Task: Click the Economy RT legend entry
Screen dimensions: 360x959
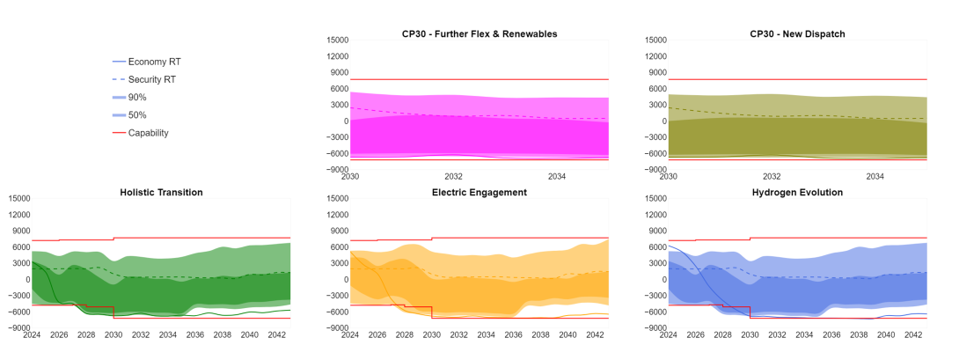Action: pos(154,62)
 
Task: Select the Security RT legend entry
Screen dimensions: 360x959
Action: pos(152,79)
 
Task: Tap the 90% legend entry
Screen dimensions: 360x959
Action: pos(137,98)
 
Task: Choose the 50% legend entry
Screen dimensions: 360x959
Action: pos(137,115)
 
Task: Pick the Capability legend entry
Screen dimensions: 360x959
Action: pos(148,133)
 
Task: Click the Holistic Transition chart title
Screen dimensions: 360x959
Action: pos(161,192)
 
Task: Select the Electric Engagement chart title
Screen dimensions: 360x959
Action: pos(479,192)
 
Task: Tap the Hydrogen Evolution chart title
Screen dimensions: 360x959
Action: pos(797,192)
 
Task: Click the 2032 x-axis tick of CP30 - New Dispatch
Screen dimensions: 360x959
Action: pos(772,176)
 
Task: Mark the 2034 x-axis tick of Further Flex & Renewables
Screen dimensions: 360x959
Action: pos(557,176)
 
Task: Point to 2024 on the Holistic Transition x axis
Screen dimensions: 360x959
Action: pos(32,335)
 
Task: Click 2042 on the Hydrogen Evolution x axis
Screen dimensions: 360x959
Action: pos(912,335)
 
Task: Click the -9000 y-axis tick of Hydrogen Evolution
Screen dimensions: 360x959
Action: pos(654,327)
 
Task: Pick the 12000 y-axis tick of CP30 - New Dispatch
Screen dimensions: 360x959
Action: pos(654,56)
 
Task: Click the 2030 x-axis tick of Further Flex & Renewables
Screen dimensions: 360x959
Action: pos(350,176)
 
